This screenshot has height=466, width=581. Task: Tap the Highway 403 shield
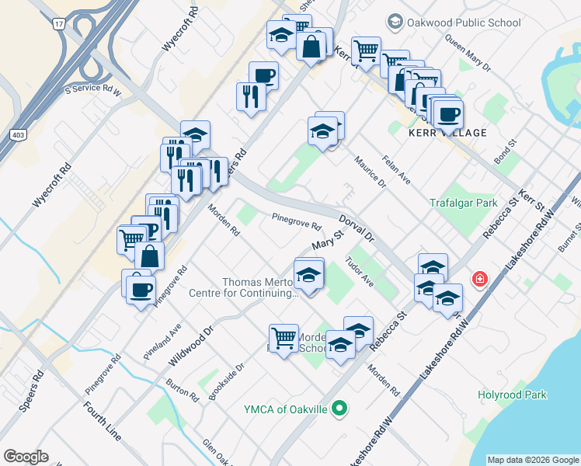click(16, 135)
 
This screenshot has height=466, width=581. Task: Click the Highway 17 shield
click(58, 24)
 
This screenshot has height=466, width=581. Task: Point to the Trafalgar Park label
click(463, 203)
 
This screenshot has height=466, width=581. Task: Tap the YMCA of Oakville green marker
click(339, 407)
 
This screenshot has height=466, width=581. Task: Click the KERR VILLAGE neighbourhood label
click(447, 133)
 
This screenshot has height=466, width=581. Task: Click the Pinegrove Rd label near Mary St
click(296, 223)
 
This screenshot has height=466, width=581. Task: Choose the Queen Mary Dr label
click(468, 57)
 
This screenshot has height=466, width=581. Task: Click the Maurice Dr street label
click(371, 172)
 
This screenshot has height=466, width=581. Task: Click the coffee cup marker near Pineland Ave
click(141, 290)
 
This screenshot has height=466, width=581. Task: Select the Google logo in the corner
click(26, 457)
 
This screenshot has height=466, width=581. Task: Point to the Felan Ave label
click(396, 167)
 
